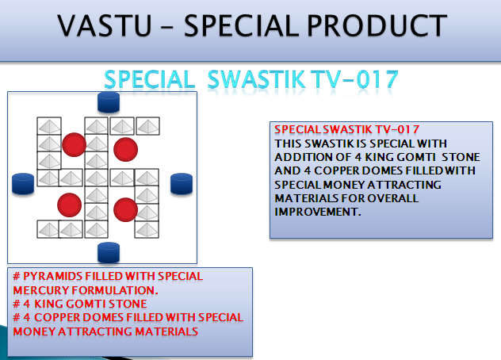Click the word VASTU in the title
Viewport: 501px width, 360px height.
104,25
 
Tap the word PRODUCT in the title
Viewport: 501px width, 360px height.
377,25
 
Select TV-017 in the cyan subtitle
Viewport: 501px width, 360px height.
354,79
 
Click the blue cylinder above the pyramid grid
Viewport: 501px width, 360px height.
109,102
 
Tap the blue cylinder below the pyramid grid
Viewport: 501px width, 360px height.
109,253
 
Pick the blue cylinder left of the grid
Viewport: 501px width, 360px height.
23,184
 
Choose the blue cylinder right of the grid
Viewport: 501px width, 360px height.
182,184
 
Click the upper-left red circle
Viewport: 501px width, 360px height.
75,145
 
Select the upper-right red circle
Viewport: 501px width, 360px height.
125,149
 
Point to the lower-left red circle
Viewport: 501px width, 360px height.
69,205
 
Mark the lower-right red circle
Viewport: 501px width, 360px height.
125,209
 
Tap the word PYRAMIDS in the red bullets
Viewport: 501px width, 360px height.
53,276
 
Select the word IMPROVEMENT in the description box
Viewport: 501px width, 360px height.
318,212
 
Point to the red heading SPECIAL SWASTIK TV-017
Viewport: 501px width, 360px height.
347,129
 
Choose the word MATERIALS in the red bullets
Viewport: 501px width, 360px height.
166,331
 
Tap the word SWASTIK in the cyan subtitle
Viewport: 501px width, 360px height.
256,79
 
